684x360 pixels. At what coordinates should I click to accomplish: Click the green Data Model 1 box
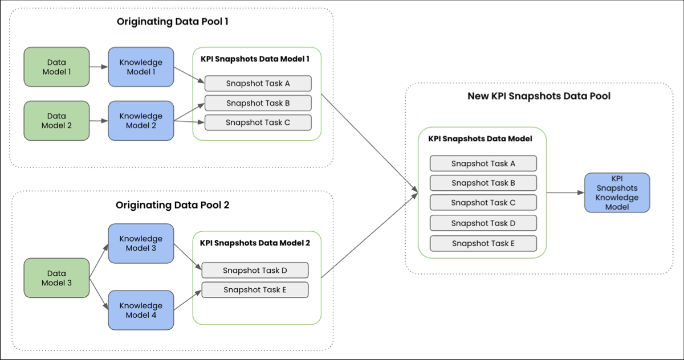coord(56,67)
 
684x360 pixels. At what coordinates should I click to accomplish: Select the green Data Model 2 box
coord(56,121)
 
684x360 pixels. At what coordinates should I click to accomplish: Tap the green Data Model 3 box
coord(56,278)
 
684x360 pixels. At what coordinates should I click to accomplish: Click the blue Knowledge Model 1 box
coord(141,67)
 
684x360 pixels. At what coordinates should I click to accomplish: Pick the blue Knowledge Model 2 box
coord(141,121)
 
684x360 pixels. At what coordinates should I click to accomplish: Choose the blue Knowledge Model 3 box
coord(141,243)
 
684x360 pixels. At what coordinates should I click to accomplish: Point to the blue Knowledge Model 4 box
coord(141,310)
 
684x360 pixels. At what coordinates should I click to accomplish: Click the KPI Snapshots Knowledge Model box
coord(617,193)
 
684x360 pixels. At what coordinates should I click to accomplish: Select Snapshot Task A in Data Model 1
coord(258,83)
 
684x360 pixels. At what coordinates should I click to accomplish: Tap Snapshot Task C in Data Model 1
coord(258,122)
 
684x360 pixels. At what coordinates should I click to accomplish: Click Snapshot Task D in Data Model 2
coord(254,270)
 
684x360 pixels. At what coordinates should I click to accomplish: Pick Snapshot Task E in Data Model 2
coord(254,289)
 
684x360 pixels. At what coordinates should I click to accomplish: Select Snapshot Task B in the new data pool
coord(483,183)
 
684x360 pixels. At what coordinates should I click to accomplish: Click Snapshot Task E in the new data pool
coord(483,243)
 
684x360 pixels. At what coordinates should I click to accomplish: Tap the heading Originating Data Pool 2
coord(172,205)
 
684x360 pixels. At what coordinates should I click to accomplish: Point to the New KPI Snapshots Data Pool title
coord(539,96)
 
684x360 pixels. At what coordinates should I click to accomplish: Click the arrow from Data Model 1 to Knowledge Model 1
coord(99,67)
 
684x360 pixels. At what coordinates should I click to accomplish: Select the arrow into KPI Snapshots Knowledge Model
coord(565,193)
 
